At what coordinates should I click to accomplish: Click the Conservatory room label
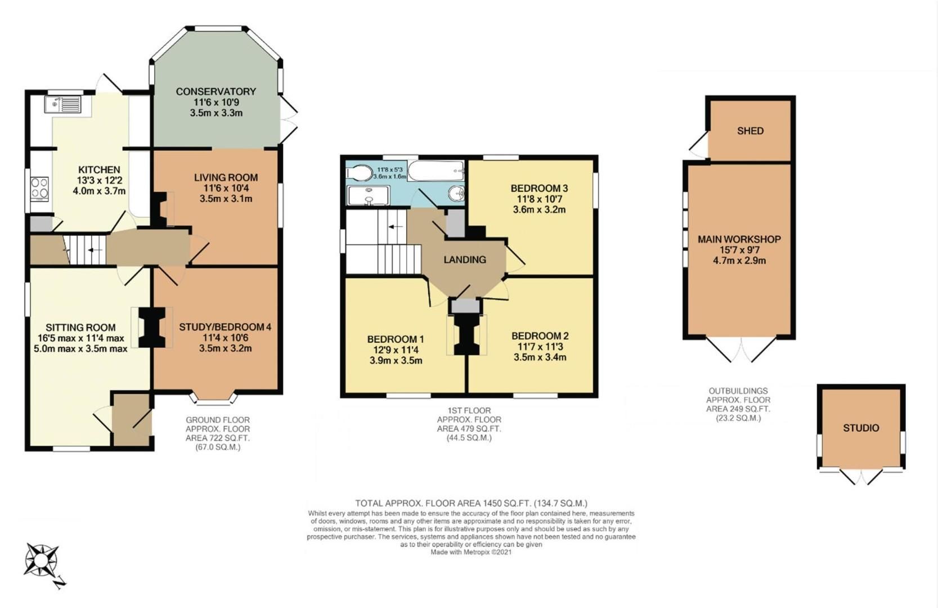216,91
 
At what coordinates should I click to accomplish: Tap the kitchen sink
64,104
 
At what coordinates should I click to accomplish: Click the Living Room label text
226,177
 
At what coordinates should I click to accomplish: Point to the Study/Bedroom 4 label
225,327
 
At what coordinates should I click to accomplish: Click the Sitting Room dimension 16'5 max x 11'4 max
80,338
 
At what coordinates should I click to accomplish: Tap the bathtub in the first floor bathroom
436,171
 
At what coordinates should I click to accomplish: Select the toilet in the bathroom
359,172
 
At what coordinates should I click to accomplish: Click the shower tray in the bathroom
369,196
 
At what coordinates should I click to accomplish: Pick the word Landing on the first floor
465,260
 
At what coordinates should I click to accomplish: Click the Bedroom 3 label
539,188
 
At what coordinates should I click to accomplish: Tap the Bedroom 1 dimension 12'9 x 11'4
396,350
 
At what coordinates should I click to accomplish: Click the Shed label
750,131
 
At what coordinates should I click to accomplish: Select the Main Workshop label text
739,239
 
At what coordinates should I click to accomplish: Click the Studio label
861,428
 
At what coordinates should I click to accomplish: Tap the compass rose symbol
42,560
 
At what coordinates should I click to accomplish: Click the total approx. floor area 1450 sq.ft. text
471,503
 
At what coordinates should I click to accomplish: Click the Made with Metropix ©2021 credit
471,552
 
